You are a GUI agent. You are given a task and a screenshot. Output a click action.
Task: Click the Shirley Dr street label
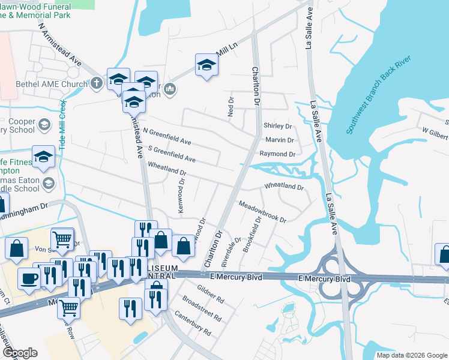click(277, 126)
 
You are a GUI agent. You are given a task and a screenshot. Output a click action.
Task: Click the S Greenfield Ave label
click(171, 154)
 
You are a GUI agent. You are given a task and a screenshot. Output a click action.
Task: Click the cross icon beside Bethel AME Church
click(98, 84)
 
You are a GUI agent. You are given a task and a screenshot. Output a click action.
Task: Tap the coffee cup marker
click(29, 278)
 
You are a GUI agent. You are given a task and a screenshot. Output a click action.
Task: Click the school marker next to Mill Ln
click(206, 65)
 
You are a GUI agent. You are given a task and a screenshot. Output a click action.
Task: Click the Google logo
click(20, 352)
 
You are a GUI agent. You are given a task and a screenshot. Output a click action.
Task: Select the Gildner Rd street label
click(210, 293)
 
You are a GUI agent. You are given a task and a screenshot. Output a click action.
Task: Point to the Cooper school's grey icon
click(43, 125)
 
